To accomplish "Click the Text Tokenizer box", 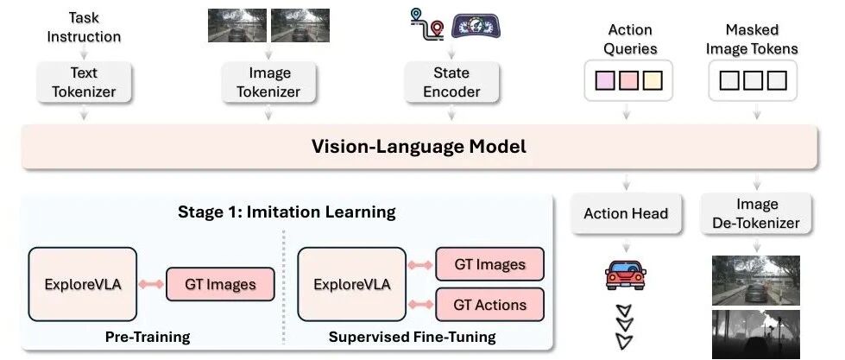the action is [84, 82].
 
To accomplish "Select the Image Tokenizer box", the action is [268, 82].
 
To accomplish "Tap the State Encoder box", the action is [451, 82].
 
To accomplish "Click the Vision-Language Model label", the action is [419, 146].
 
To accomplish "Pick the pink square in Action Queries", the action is [629, 80].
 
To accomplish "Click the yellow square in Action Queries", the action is [653, 80].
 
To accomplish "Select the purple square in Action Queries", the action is [605, 80].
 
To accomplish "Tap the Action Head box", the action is [626, 213].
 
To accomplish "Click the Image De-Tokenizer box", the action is [756, 213].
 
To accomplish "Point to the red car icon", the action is [626, 275].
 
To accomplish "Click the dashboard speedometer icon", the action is [476, 26].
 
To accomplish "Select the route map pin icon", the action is [426, 23].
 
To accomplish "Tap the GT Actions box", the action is [489, 305].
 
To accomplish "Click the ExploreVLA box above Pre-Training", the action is [83, 284].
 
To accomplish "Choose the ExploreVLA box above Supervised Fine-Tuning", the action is [351, 284].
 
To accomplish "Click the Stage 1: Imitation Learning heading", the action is [287, 212].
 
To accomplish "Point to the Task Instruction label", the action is [84, 27].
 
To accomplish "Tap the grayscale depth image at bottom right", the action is [755, 334].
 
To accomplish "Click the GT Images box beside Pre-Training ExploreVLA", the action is [220, 284].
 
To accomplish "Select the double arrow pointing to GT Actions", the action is [420, 305].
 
